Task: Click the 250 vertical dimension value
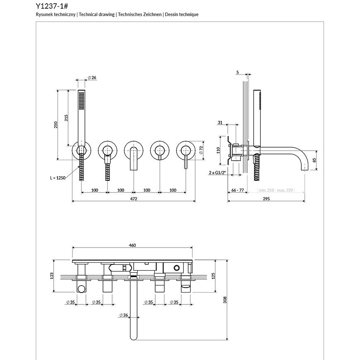pos(56,125)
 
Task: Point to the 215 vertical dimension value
pos(66,118)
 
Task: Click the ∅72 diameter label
pos(201,150)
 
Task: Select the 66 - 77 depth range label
pos(237,190)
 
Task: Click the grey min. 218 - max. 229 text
pos(276,190)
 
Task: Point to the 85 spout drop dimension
pos(314,160)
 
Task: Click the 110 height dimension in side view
pos(219,150)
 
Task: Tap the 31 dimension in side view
pos(220,122)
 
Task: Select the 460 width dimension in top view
pos(132,245)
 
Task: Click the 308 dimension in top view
pos(225,300)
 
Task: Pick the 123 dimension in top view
pos(52,276)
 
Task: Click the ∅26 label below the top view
pos(123,315)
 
